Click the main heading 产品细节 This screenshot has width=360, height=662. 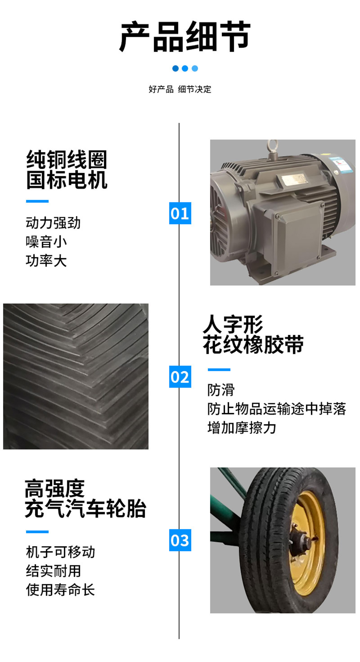point(184,37)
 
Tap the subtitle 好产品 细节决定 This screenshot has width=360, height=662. point(180,89)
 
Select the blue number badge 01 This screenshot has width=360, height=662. point(180,213)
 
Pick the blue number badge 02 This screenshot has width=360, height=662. point(180,377)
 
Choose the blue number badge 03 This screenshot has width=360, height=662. point(180,540)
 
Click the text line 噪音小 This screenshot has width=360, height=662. point(46,242)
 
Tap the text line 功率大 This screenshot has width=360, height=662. point(46,260)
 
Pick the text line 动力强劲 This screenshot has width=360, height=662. point(53,223)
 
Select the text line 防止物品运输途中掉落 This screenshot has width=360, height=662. point(277,409)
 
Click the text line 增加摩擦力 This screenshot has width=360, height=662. point(241,428)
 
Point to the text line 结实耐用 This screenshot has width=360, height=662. point(53,571)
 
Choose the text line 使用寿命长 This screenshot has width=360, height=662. point(60,590)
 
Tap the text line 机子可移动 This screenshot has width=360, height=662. point(60,552)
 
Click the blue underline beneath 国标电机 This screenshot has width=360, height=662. point(37,201)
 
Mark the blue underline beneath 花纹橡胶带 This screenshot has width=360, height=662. point(219,370)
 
